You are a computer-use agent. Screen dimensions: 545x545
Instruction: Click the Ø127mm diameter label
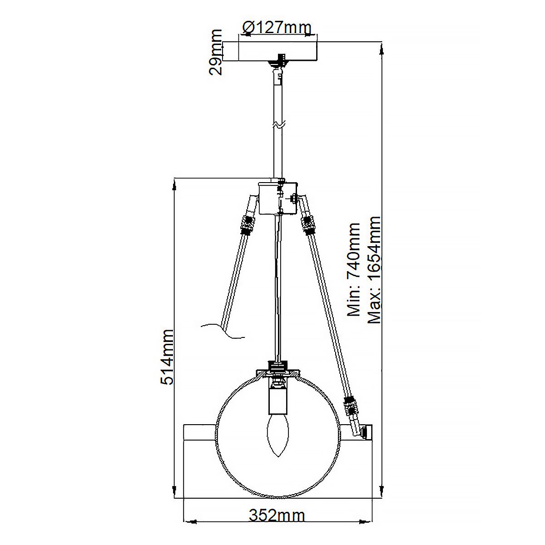coord(277,28)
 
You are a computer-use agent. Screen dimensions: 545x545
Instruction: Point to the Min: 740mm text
coord(353,269)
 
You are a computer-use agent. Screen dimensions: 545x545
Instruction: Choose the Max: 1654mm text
coord(374,269)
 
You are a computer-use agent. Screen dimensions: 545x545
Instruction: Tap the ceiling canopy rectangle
coord(277,51)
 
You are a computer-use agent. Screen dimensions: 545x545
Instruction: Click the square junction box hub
coord(277,198)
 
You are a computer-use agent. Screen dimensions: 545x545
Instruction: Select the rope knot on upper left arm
coord(247,225)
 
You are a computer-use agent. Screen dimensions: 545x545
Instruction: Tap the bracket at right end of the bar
coord(367,431)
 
